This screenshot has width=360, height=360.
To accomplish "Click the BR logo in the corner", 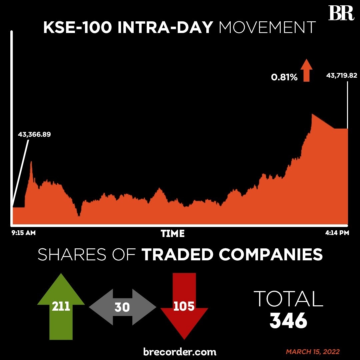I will coord(341,13).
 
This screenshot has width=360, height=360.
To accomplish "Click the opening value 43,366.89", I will coord(34,135).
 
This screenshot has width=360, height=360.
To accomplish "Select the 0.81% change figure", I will coord(284,78).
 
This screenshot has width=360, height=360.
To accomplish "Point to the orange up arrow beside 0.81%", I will coord(306,71).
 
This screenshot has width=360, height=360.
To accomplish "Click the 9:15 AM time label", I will coord(23,233).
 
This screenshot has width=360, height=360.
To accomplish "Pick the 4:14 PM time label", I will coord(337,233).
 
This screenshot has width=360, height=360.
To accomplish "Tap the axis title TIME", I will coord(173,234).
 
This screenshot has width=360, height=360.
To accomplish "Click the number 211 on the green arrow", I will coord(61,306).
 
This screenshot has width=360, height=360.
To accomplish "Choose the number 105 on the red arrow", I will coord(184,306).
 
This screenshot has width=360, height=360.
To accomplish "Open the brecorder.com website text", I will coord(180,351).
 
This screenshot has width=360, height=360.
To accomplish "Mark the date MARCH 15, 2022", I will coord(313,352).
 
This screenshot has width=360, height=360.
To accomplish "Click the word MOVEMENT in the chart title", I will coord(267,28).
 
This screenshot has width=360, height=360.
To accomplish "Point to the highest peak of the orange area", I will coord(312,114).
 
